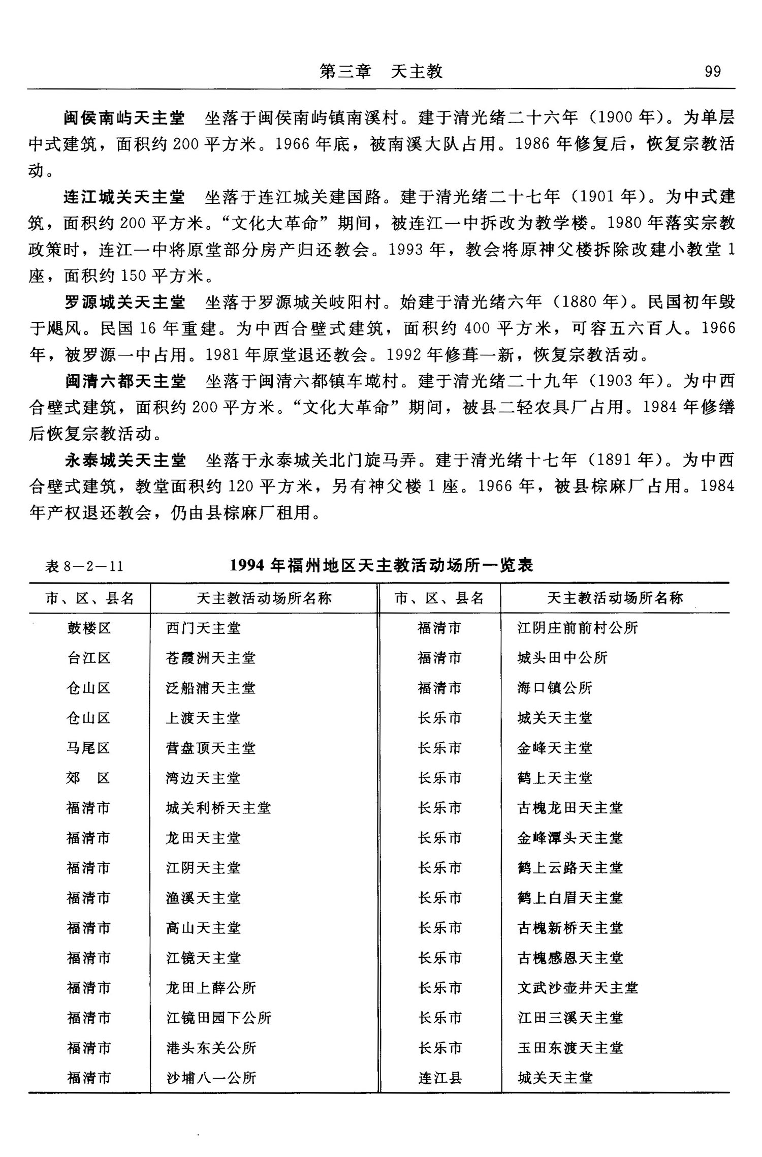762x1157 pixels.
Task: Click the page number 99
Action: [x=712, y=72]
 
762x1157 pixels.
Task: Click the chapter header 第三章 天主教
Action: [x=381, y=72]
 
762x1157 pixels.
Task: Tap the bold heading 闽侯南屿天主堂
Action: [x=124, y=118]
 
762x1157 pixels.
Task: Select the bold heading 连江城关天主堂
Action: [x=124, y=197]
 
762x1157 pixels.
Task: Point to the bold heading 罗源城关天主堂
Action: [x=124, y=302]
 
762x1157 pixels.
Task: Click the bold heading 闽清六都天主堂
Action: [x=125, y=381]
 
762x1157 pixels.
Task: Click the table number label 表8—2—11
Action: [x=84, y=566]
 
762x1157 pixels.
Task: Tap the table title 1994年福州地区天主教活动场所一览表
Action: [x=381, y=565]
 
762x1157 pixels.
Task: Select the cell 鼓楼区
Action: [x=89, y=628]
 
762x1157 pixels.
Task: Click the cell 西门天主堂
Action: [x=203, y=628]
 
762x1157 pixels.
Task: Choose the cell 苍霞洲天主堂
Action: [x=210, y=658]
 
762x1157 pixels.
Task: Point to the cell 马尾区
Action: [x=89, y=748]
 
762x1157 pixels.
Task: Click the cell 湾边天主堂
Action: [x=203, y=778]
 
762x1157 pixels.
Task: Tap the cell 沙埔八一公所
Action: [x=211, y=1078]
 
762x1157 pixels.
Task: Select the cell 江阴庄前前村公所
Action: [x=577, y=628]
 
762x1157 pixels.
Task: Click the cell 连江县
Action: [x=440, y=1078]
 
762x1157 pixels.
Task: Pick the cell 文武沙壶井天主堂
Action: [x=577, y=988]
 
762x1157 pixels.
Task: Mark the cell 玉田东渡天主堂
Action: [x=570, y=1048]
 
